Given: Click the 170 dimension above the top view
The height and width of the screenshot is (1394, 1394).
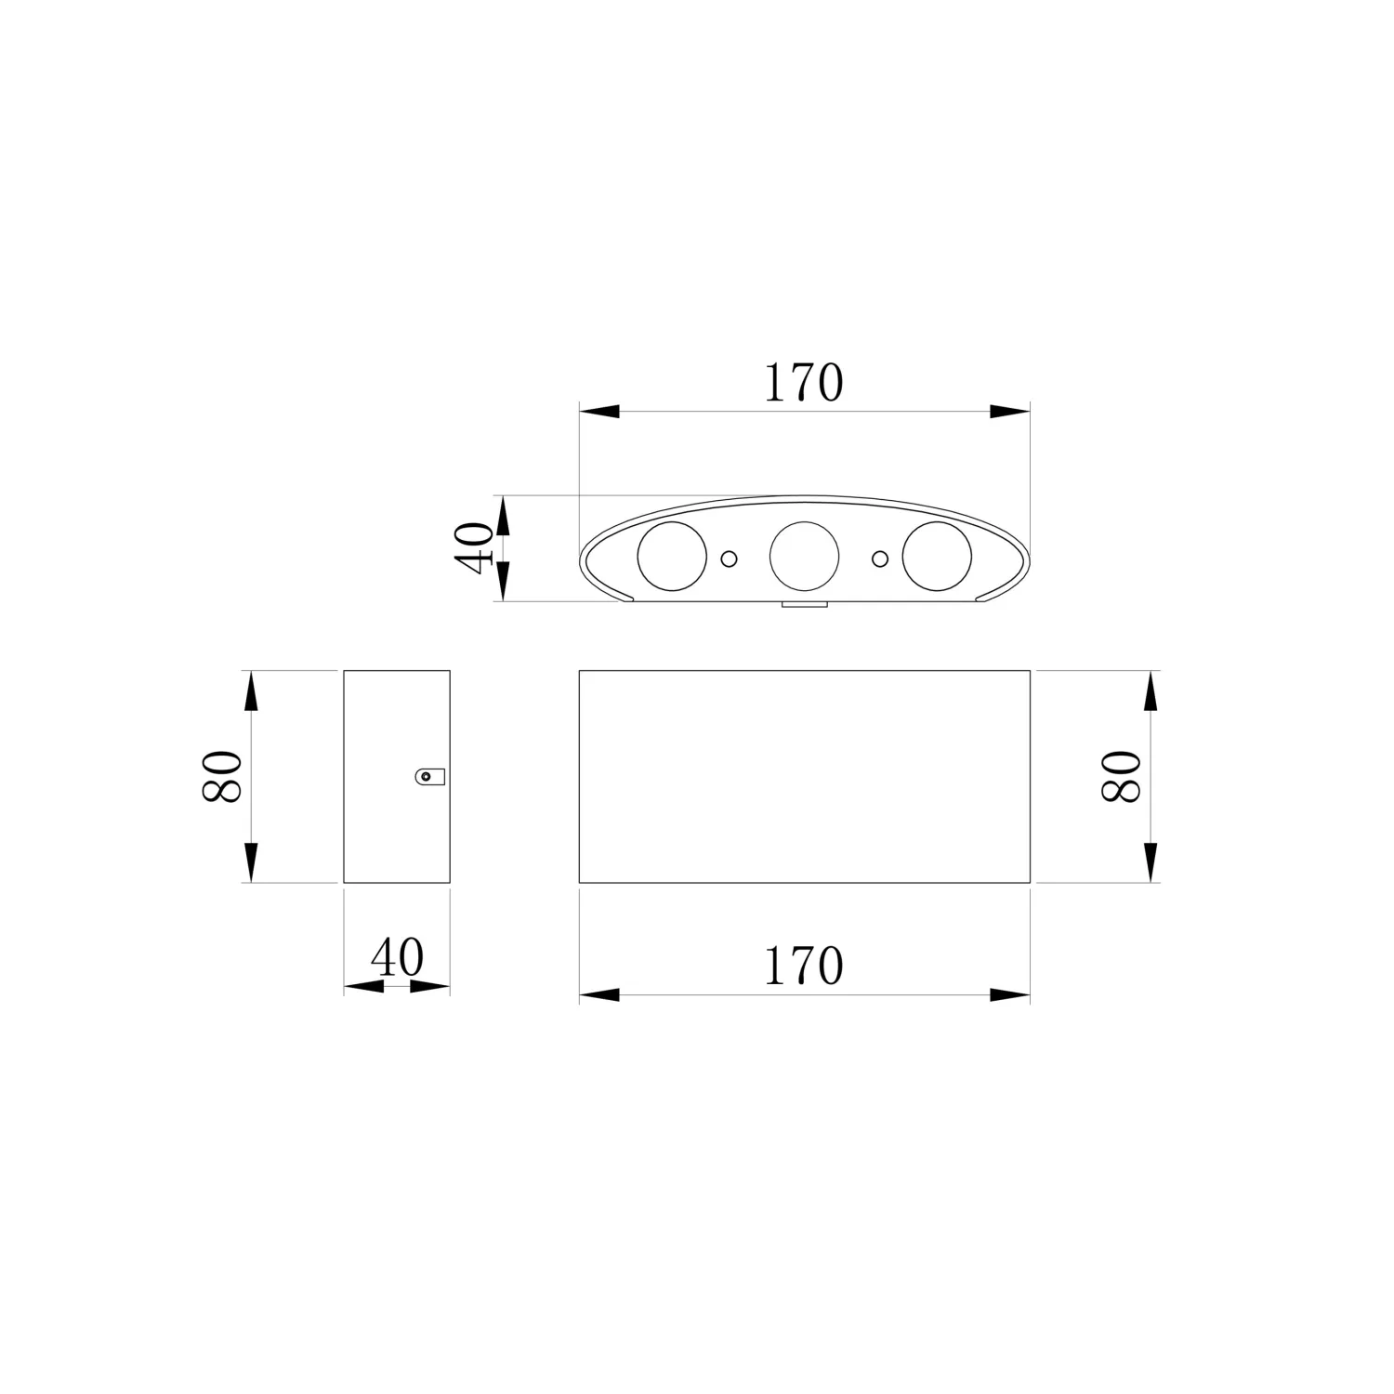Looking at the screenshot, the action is pyautogui.click(x=804, y=383).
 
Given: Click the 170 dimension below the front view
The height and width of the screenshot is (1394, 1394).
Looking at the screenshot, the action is pyautogui.click(x=804, y=967).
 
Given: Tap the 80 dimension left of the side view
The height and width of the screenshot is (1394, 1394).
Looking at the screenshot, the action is pyautogui.click(x=223, y=776).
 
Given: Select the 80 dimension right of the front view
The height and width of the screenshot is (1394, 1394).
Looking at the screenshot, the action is pyautogui.click(x=1121, y=776).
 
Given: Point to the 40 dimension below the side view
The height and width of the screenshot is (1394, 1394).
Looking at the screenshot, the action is pyautogui.click(x=397, y=956).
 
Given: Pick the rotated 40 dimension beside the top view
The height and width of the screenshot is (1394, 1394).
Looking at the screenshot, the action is pyautogui.click(x=474, y=548).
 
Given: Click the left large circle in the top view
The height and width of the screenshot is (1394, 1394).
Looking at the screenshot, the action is pyautogui.click(x=672, y=557).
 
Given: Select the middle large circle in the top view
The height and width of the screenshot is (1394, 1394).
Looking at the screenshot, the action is pyautogui.click(x=805, y=557).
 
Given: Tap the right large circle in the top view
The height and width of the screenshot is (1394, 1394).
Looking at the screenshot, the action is pyautogui.click(x=937, y=557).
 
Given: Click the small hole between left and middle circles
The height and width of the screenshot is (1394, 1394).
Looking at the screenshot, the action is pyautogui.click(x=730, y=558).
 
